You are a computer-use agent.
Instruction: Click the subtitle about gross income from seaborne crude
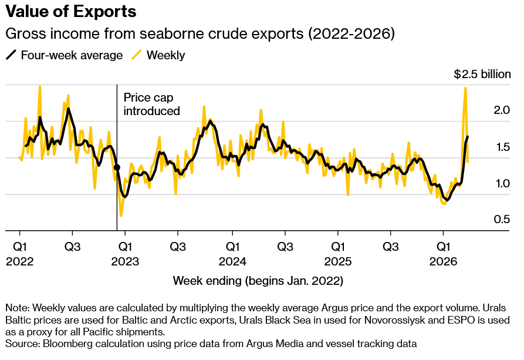coord(200,33)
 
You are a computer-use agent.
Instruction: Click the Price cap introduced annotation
coord(151,104)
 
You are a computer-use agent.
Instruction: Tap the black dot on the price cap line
coord(117,167)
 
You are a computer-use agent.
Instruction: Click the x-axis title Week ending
coord(258,281)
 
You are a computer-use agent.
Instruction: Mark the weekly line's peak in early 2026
coord(465,88)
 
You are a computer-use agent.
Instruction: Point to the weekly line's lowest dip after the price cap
coord(121,216)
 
